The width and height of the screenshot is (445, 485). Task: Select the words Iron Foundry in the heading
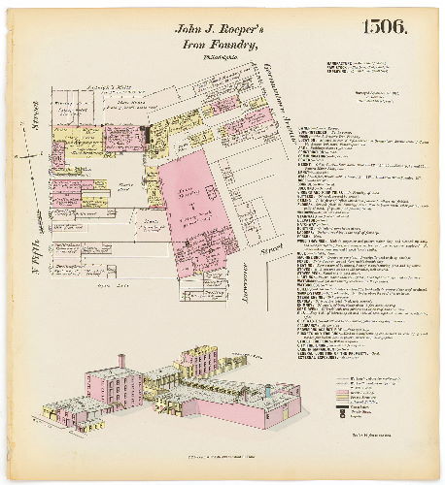point(222,46)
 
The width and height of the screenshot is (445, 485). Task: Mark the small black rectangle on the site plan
point(145,132)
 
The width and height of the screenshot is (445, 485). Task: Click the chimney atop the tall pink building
point(120,362)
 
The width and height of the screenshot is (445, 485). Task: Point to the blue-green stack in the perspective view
point(273,393)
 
